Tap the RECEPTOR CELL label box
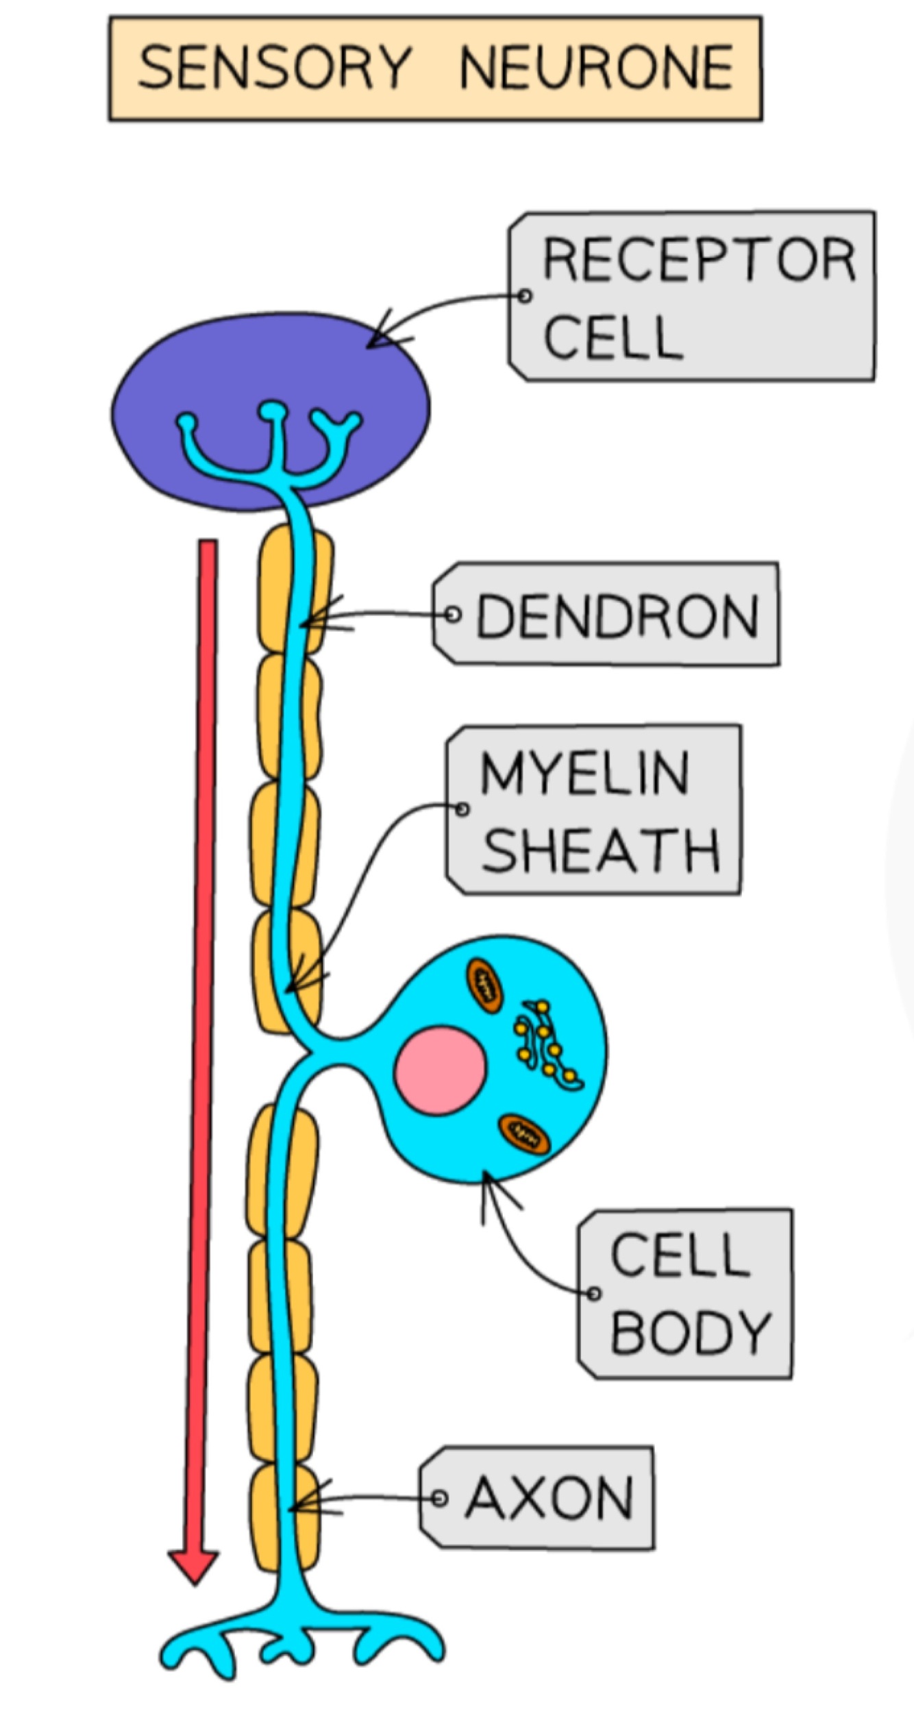point(692,296)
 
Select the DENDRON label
point(606,614)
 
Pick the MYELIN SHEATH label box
point(593,809)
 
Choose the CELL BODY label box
point(685,1294)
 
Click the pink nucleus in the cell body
point(439,1070)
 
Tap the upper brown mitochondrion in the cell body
point(484,985)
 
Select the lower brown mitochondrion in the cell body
point(524,1133)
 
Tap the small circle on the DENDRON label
point(452,614)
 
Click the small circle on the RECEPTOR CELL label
point(525,296)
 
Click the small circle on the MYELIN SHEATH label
point(462,809)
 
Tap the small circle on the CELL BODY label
point(594,1294)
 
